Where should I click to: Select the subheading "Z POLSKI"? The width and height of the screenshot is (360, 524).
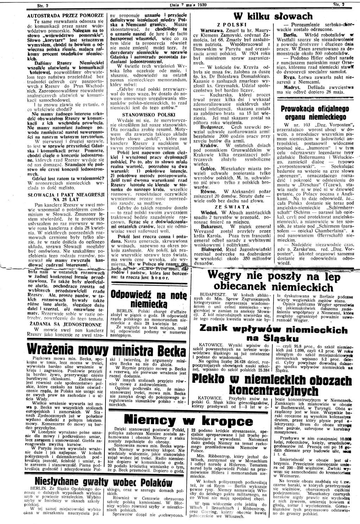pos(234,26)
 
